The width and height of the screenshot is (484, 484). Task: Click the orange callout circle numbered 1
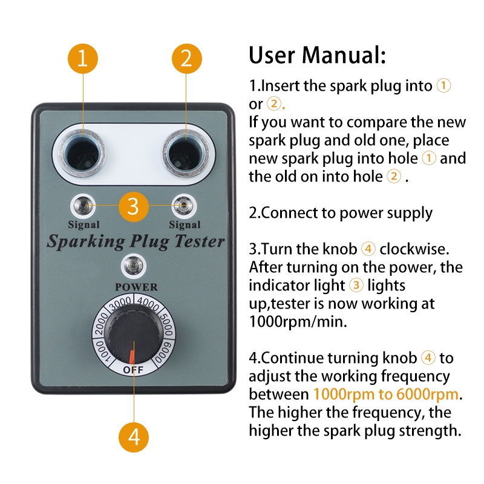pyautogui.click(x=83, y=59)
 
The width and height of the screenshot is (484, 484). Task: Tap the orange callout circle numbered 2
pyautogui.click(x=187, y=59)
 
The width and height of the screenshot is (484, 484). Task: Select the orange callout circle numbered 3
pyautogui.click(x=134, y=206)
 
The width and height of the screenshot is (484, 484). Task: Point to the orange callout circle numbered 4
pyautogui.click(x=134, y=437)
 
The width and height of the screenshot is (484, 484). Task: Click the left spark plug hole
pyautogui.click(x=82, y=154)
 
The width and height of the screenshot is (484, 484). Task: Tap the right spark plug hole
pyautogui.click(x=186, y=154)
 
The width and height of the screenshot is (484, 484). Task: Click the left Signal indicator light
pyautogui.click(x=83, y=206)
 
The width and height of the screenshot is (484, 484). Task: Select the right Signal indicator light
pyautogui.click(x=184, y=206)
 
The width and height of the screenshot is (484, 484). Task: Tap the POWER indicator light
pyautogui.click(x=134, y=266)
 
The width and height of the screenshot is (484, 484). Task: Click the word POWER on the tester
pyautogui.click(x=136, y=287)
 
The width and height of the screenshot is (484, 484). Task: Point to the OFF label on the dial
pyautogui.click(x=133, y=369)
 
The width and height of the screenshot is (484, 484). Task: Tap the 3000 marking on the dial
pyautogui.click(x=120, y=304)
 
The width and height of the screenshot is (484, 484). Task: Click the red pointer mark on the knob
pyautogui.click(x=132, y=357)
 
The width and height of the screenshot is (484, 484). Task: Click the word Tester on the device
pyautogui.click(x=199, y=241)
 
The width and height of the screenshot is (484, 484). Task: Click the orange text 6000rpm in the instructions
pyautogui.click(x=427, y=395)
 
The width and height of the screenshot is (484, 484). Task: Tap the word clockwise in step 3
pyautogui.click(x=414, y=249)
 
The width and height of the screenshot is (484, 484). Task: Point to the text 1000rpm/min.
pyautogui.click(x=298, y=322)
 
